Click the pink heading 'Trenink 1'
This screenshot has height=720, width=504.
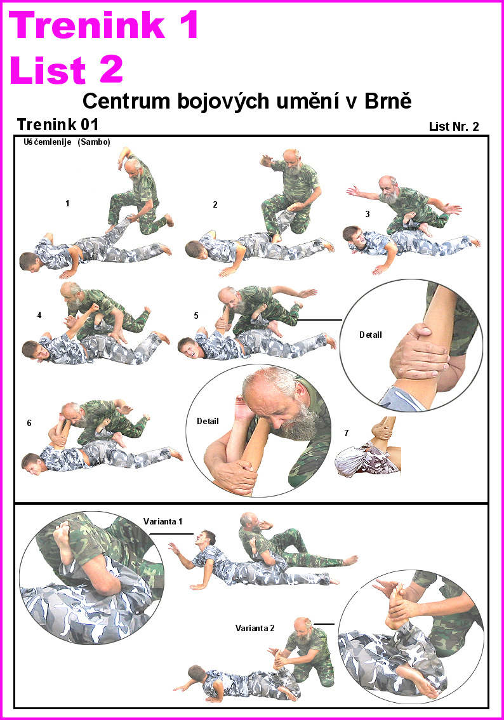[103, 25]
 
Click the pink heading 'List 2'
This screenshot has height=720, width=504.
[66, 69]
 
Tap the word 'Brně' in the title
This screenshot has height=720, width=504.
[388, 100]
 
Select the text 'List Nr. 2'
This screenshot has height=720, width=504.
[453, 126]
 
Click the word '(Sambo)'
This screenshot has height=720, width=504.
[94, 142]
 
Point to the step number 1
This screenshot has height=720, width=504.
[67, 203]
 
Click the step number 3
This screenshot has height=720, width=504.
[368, 214]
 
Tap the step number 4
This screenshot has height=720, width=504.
[39, 315]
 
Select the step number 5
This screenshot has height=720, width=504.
[196, 316]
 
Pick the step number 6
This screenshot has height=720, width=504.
[29, 423]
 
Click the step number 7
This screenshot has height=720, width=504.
[346, 433]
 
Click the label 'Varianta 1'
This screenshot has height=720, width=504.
[162, 521]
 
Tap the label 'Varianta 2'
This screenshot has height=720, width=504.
[255, 628]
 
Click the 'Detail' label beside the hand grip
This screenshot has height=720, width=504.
[371, 335]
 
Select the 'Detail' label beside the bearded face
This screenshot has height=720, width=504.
[208, 421]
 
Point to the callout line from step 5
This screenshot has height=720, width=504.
[319, 319]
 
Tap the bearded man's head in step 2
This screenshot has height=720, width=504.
[291, 159]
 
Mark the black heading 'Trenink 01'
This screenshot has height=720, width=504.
[58, 124]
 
